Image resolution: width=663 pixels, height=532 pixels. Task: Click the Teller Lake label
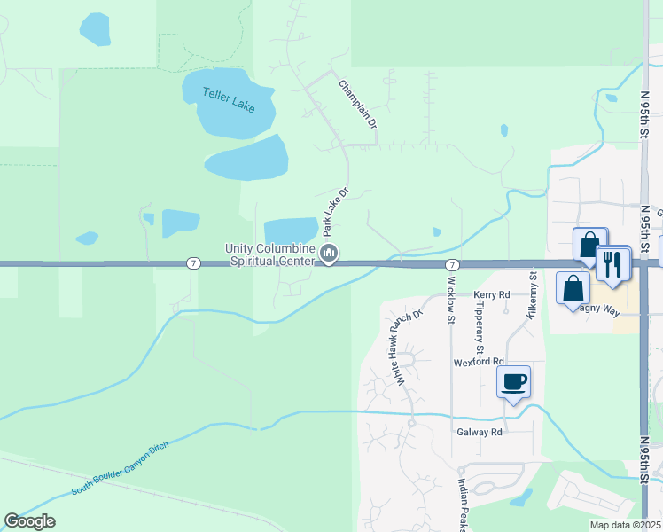[229, 98]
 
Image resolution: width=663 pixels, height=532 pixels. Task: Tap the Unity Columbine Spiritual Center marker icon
[329, 254]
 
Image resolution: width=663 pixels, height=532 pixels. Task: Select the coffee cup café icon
[513, 382]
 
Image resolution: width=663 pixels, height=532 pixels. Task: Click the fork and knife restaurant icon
[612, 262]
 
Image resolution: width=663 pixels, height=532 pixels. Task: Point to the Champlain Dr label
[359, 106]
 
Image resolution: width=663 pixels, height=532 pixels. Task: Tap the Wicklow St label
[451, 300]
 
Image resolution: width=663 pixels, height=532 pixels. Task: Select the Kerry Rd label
[492, 294]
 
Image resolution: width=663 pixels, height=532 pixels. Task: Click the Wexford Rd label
[479, 362]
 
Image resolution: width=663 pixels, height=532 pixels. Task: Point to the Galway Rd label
[480, 432]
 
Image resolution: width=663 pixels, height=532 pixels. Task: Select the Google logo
[29, 521]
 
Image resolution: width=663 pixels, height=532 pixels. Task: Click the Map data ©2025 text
[624, 525]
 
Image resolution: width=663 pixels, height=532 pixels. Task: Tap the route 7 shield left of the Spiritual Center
[192, 263]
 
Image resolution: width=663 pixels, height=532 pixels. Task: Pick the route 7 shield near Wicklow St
[452, 264]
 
